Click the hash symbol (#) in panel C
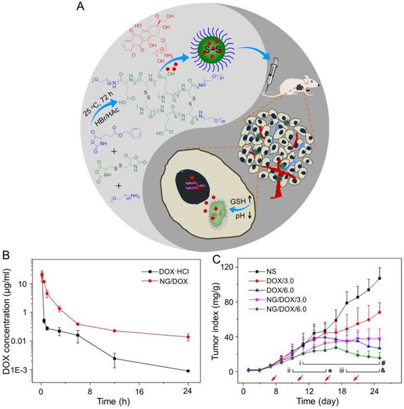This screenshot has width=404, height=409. click(x=383, y=363)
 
